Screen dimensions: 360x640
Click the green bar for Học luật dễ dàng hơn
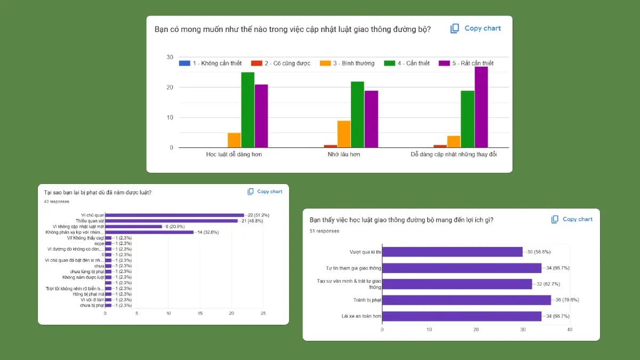click(x=247, y=110)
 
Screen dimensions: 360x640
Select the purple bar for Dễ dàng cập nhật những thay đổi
click(x=481, y=107)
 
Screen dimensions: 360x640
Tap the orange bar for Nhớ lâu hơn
click(x=344, y=134)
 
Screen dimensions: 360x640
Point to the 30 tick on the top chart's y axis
click(x=170, y=57)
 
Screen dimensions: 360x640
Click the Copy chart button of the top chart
click(x=476, y=28)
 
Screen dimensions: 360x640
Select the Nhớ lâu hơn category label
click(x=343, y=154)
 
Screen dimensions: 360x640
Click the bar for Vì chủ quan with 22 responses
click(x=174, y=215)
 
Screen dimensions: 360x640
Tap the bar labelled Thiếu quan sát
click(x=171, y=221)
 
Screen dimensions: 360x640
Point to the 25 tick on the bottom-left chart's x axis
click(x=263, y=313)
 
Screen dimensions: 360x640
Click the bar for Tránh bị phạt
click(x=467, y=300)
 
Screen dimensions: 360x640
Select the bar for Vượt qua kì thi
click(x=452, y=252)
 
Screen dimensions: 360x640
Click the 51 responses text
click(x=324, y=231)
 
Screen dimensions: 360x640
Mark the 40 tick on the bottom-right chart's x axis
click(x=570, y=330)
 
